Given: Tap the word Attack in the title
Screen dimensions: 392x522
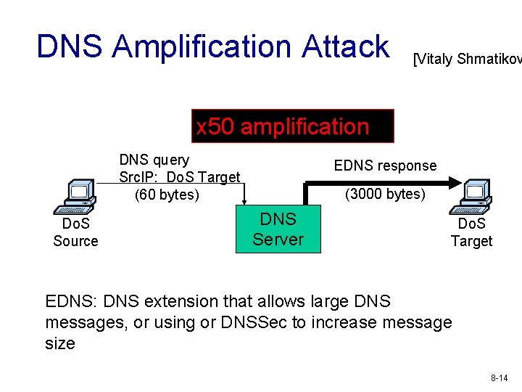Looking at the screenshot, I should point(346,46).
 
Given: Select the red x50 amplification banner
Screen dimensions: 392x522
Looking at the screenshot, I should point(292,126).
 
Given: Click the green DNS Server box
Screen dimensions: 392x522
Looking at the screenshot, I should point(278,229).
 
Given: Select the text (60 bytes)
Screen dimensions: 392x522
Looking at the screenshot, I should point(167,195).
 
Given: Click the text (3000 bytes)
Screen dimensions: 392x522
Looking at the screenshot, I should point(385,193).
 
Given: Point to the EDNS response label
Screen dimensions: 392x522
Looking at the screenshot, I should point(385,166).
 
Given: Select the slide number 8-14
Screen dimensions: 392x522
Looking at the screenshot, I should point(499,378).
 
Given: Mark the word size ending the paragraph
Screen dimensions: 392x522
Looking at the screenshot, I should point(60,343).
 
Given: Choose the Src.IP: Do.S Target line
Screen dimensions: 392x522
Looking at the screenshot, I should point(179,177).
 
